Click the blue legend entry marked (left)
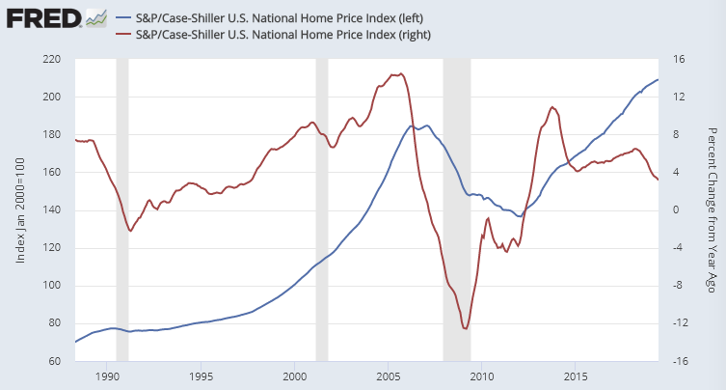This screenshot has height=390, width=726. pos(265,17)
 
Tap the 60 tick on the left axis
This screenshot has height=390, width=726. pos(54,361)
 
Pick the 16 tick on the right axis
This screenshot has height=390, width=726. pos(678,60)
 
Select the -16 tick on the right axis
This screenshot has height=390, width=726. pos(680,361)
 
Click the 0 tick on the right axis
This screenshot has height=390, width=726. pos(676,210)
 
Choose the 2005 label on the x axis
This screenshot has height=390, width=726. pos(389,376)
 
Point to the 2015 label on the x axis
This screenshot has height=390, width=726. pos(576,376)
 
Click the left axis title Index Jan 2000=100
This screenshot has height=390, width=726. pos(21,210)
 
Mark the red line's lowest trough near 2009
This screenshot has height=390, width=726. pos(466,329)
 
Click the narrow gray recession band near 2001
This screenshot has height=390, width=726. pos(322,210)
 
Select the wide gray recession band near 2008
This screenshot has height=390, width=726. pos(457,210)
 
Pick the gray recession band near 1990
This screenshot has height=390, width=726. pos(122,210)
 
